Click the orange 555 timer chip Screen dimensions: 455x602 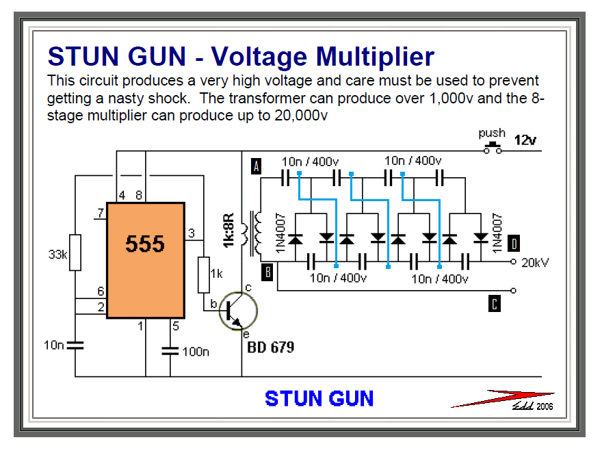tap(145, 260)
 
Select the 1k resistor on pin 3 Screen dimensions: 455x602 tap(203, 274)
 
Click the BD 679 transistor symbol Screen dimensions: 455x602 tap(237, 311)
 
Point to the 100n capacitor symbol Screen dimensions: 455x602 tap(170, 351)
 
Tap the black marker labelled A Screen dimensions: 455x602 tap(257, 166)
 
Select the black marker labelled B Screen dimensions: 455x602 tap(268, 272)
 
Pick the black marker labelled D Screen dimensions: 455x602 tap(514, 242)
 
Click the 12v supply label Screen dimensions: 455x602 tap(525, 140)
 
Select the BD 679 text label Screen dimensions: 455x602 tap(271, 348)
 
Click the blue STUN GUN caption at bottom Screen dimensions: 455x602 tap(319, 398)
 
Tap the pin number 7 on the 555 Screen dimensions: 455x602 tap(100, 213)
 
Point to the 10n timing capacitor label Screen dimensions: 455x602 tap(54, 346)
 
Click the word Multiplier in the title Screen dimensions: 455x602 tap(366, 55)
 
